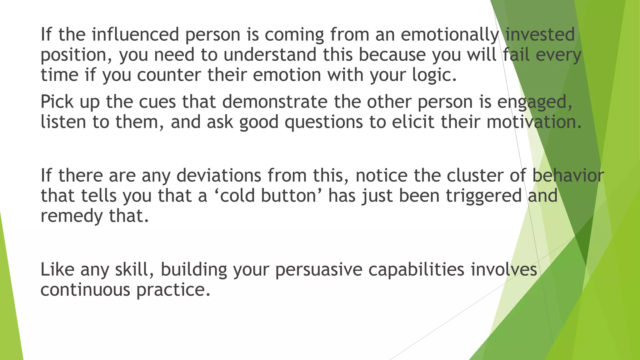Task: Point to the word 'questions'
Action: click(x=323, y=122)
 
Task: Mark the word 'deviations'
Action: click(x=219, y=175)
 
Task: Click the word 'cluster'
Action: click(x=475, y=175)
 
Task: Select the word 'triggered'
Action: click(x=484, y=196)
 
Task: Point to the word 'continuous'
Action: click(x=85, y=290)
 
